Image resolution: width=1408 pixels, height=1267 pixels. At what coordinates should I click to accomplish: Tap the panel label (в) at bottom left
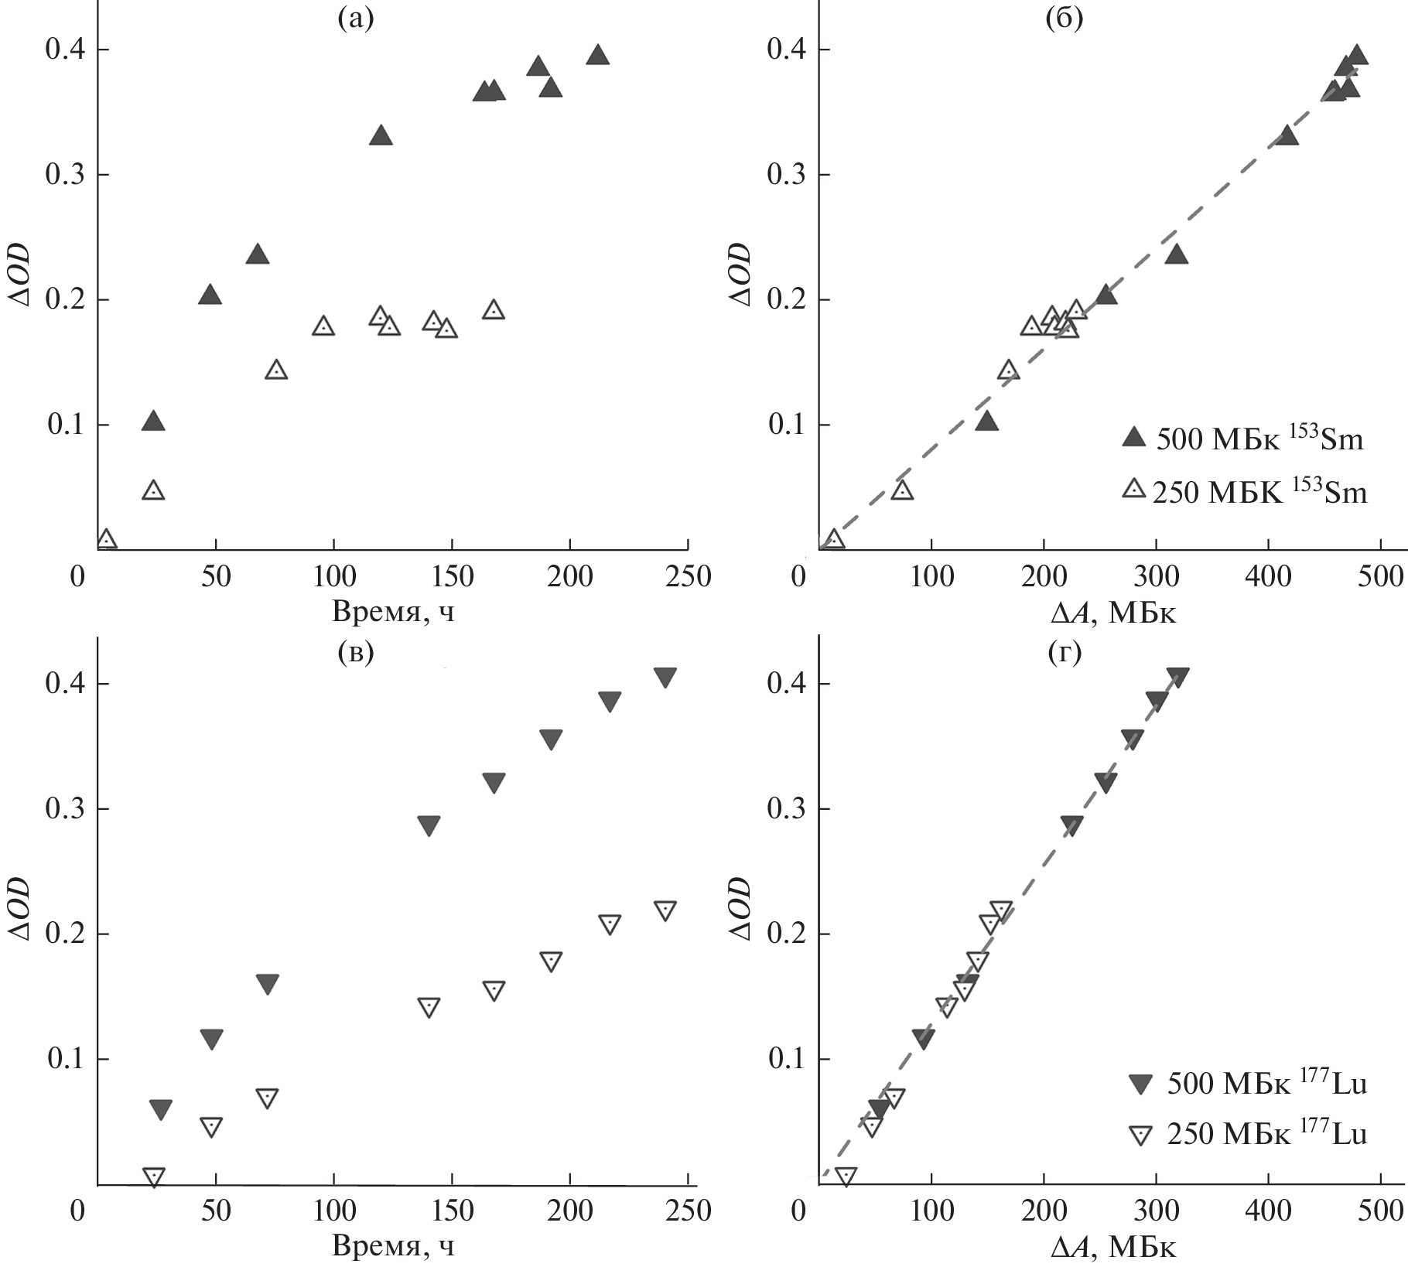click(x=356, y=653)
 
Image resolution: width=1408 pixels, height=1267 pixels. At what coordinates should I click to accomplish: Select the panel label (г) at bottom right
click(x=1064, y=653)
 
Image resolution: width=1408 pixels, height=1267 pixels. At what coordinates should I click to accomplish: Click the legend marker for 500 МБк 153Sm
click(x=1134, y=438)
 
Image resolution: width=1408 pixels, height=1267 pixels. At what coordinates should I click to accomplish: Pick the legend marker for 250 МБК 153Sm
click(x=1134, y=489)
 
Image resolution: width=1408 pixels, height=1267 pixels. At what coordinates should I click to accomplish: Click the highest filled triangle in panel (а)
click(x=597, y=55)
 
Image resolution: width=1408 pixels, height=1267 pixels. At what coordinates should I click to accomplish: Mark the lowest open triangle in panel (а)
click(x=106, y=539)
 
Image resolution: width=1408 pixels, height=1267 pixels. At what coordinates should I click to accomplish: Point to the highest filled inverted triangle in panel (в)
click(x=665, y=677)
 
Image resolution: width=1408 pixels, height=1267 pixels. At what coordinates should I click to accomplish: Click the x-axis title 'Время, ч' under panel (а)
click(x=394, y=612)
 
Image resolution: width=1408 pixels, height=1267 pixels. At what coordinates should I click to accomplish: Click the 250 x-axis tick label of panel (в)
click(x=688, y=1211)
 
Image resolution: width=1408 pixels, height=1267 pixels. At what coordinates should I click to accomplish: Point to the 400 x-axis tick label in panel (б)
click(x=1269, y=577)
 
